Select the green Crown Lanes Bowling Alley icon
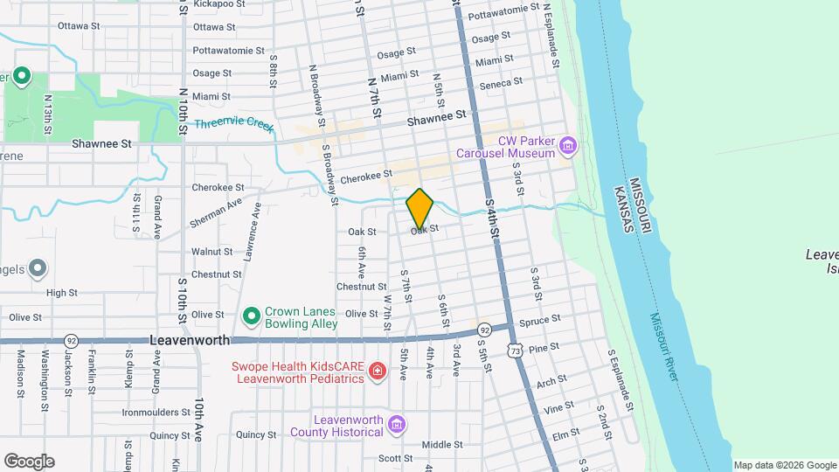tap(251, 314)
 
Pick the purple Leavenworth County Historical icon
tap(397, 426)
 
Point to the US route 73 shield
tap(517, 350)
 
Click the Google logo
tap(29, 462)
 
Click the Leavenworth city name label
tap(190, 340)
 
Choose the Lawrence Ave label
tap(253, 232)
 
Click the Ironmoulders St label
tap(156, 412)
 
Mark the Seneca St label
tap(502, 83)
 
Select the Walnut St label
tap(211, 252)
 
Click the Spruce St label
tap(539, 321)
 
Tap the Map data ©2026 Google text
tap(785, 465)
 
